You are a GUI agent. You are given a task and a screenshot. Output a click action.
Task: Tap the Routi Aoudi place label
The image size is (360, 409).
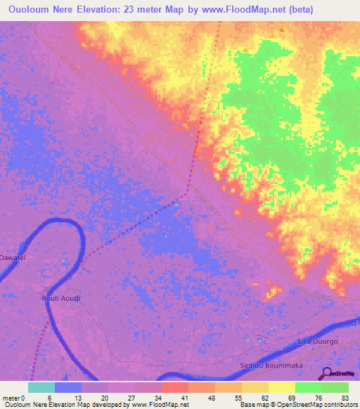[60, 299]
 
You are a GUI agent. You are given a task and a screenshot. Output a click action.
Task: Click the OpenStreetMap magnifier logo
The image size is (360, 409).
[328, 373]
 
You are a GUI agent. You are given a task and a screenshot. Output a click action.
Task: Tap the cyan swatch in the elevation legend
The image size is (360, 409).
[41, 387]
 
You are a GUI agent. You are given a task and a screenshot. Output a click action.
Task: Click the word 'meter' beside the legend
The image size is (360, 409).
[10, 398]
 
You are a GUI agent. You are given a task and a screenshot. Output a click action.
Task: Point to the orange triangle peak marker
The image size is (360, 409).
[282, 30]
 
